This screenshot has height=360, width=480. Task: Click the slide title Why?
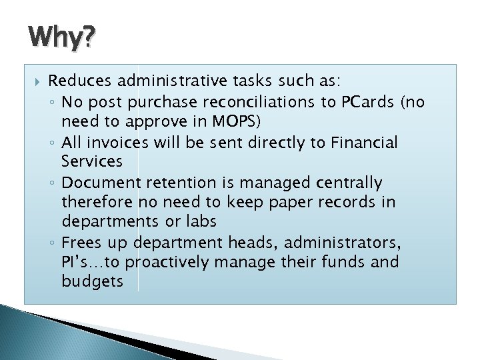pos(61,39)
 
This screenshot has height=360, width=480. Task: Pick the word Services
pos(91,162)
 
